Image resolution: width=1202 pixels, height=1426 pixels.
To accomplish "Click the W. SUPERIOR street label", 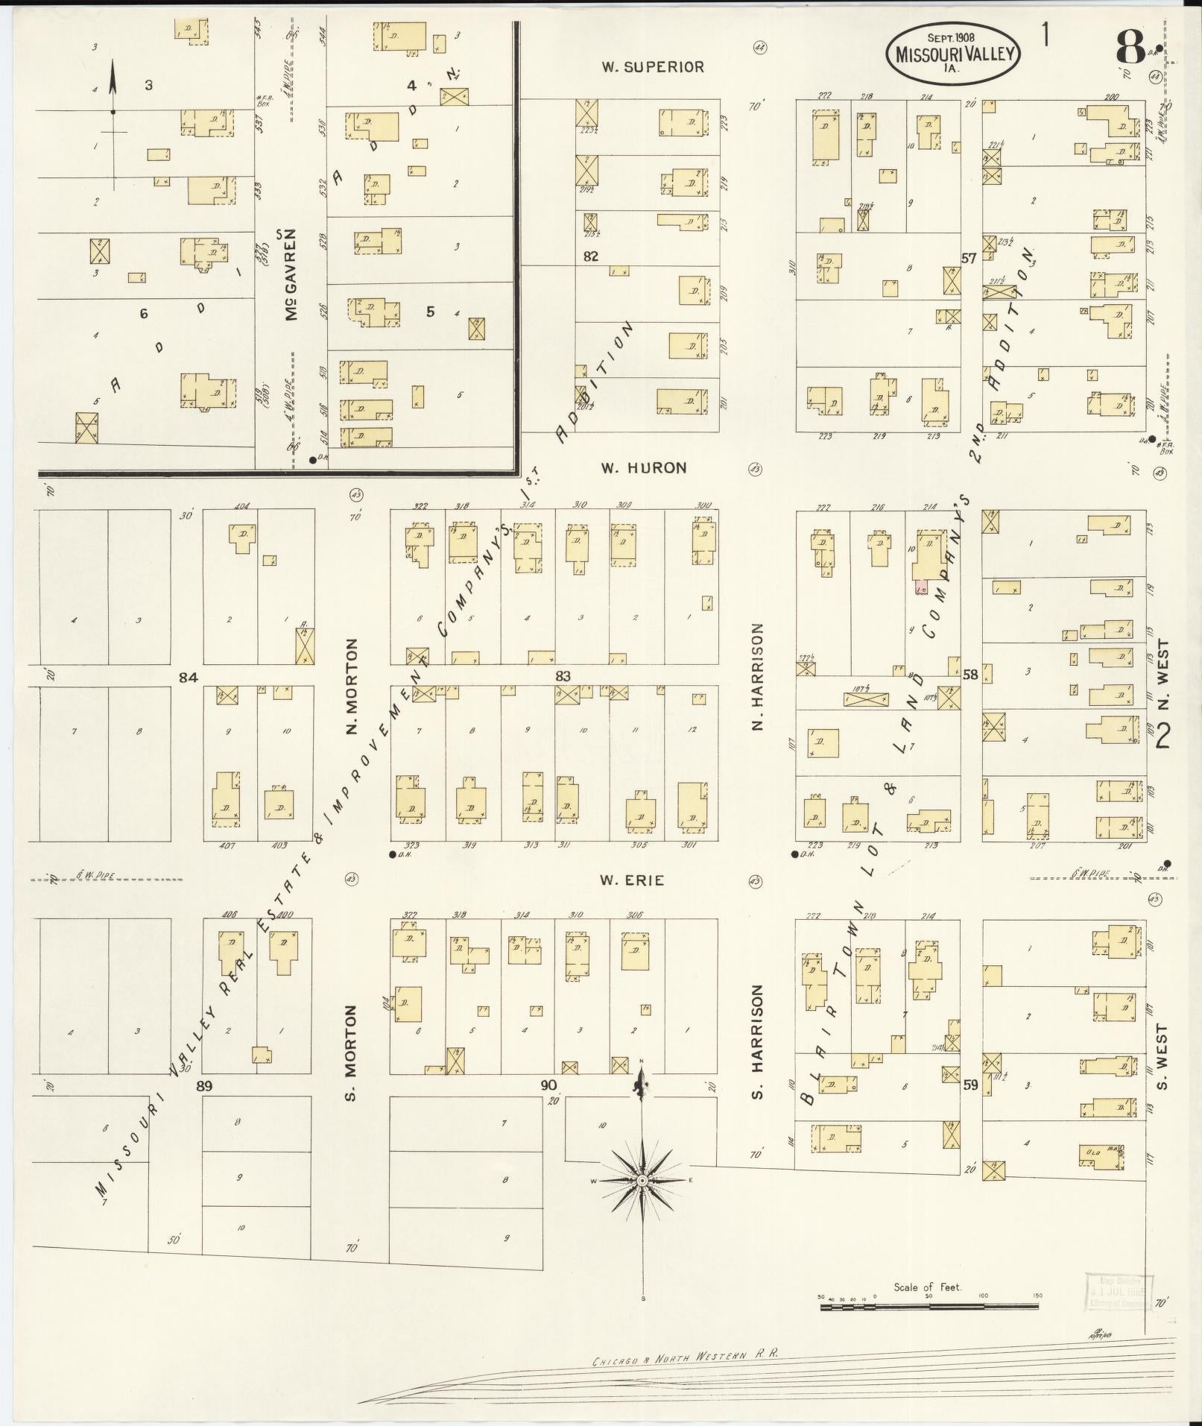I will point(653,67).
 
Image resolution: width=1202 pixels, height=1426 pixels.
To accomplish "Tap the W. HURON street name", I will point(644,468).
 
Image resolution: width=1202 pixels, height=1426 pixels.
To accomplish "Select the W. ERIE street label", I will point(632,880).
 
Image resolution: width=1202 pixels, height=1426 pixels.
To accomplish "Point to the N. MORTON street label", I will point(352,686).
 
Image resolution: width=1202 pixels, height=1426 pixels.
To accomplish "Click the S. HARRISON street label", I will point(758,1041).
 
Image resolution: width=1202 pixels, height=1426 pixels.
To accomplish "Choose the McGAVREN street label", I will point(291,275).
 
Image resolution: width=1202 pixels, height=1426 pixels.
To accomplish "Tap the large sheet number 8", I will point(1131,48).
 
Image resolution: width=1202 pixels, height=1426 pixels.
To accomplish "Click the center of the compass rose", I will point(642,1181).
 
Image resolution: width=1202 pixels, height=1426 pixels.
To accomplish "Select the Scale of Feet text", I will point(928,1287).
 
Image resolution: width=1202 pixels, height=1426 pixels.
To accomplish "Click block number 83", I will point(563,676).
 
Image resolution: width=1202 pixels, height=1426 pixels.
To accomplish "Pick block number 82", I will point(591,256).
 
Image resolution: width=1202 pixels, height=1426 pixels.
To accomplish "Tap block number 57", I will point(969,259).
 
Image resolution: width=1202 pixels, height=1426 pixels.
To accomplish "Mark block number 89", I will point(204,1085).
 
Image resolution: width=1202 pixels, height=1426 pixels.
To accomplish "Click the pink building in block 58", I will point(921,587).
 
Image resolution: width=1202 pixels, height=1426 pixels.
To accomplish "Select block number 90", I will point(548,1085).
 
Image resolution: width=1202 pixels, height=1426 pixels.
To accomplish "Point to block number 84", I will point(188,677).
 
